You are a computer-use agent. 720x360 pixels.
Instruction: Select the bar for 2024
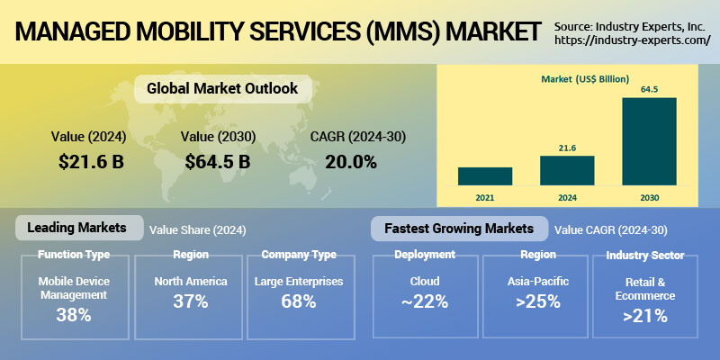(x=567, y=170)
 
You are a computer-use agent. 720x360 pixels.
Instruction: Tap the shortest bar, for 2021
(x=485, y=175)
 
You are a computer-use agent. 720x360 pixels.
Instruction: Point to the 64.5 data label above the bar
(x=649, y=89)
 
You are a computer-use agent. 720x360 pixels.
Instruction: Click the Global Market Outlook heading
(x=222, y=89)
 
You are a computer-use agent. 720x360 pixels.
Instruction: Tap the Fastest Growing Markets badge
(x=459, y=228)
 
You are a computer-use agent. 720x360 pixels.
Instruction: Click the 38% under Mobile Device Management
(x=73, y=315)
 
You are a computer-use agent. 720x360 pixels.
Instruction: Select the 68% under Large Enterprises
(x=298, y=302)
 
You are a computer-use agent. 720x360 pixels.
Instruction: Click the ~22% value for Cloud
(x=425, y=302)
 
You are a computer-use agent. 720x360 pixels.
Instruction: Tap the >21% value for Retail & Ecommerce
(x=645, y=316)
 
